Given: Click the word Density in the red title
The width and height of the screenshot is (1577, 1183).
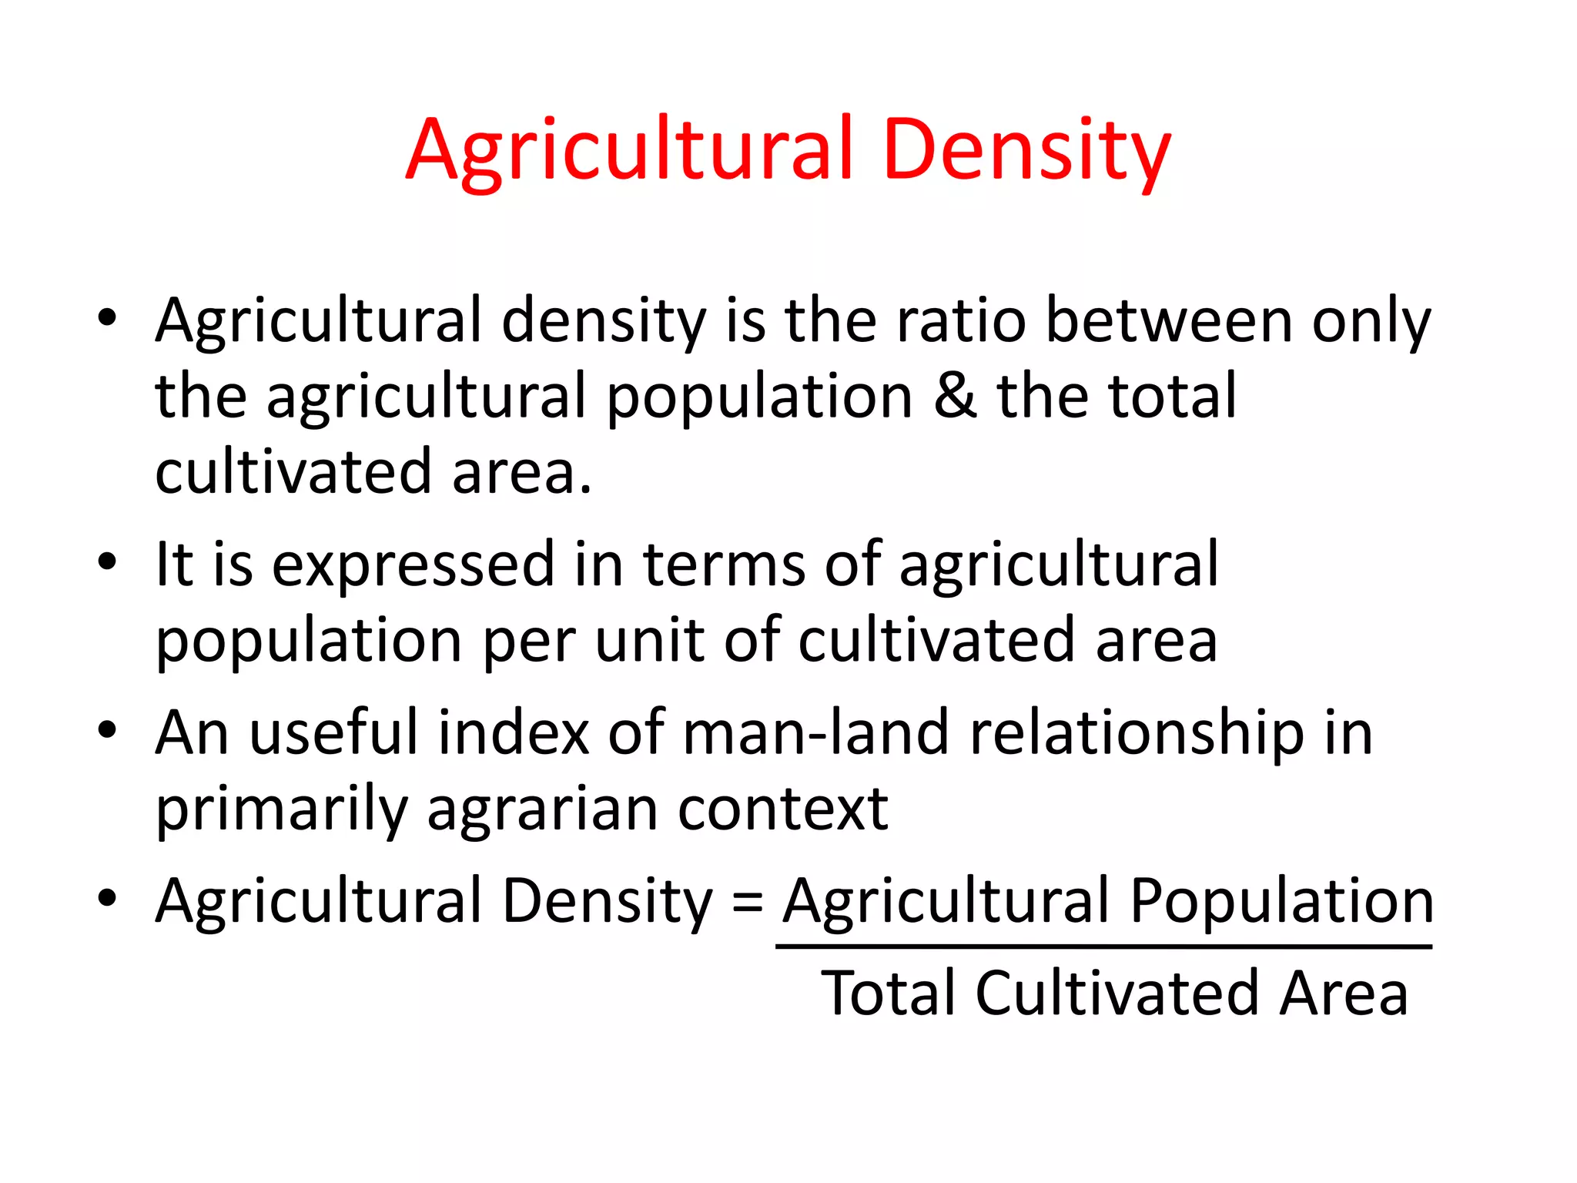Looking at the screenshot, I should coord(1027,150).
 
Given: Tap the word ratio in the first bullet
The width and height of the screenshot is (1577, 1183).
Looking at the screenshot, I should coord(961,320).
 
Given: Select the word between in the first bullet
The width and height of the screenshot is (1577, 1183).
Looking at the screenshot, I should coord(1169,320).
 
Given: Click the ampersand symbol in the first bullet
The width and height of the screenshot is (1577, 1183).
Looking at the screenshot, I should coord(955,396).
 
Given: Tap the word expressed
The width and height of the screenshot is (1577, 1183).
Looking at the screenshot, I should coord(413,565).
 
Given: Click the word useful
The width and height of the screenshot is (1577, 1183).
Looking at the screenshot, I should coord(333,732).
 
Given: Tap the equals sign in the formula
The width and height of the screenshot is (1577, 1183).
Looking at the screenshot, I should coord(748,901).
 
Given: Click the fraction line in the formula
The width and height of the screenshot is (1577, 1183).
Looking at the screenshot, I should coord(1103,947).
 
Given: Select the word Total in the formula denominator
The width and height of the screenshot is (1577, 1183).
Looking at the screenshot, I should coord(889,994).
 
